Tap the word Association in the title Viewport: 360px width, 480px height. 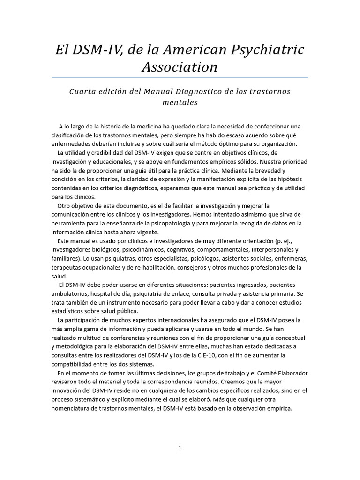(x=180, y=67)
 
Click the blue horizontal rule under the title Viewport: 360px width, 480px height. (x=180, y=78)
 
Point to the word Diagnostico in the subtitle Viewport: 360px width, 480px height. (x=199, y=91)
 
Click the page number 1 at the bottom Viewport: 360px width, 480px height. (x=180, y=448)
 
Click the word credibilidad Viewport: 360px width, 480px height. (x=101, y=153)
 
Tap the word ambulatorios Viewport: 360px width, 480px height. (x=71, y=294)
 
